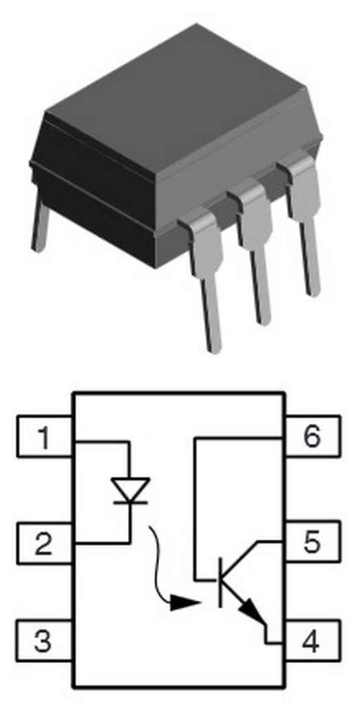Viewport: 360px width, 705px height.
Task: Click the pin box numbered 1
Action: [45, 437]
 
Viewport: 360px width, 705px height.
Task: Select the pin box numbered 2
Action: [45, 543]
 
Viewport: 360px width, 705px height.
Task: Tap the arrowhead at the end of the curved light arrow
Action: [184, 603]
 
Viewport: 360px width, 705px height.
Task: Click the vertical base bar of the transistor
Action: [221, 582]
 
